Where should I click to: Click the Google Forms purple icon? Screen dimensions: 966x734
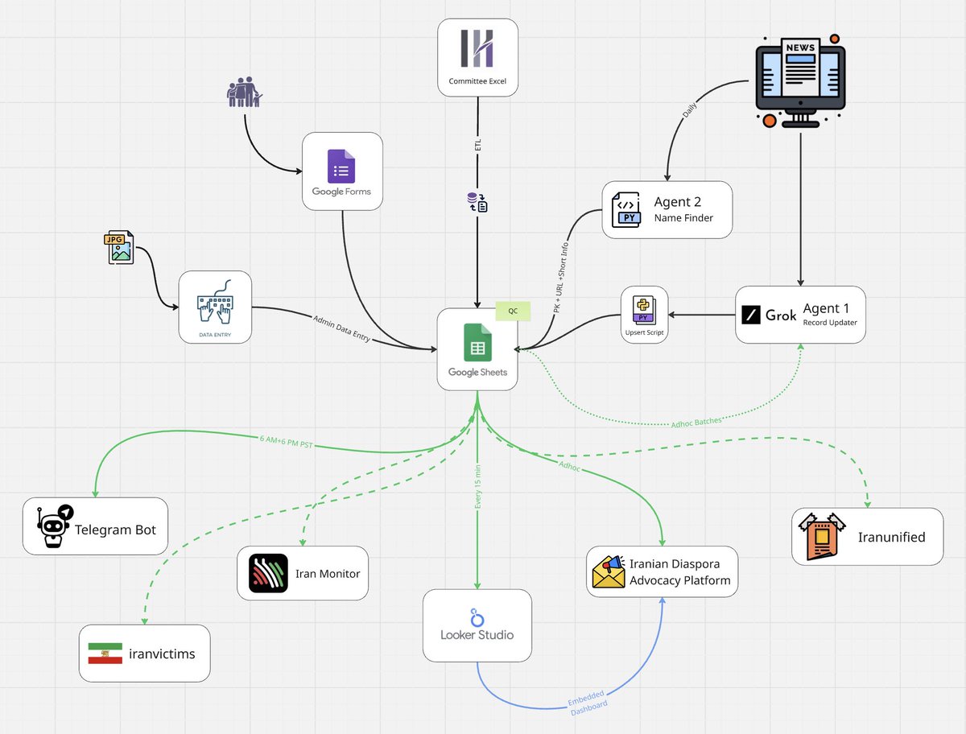point(341,167)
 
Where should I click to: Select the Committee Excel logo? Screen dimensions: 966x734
point(477,48)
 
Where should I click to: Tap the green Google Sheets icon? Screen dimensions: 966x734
point(477,343)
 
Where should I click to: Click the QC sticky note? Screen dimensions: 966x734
point(513,311)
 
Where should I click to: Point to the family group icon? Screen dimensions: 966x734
point(245,92)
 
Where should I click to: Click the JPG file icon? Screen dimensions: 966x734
point(119,247)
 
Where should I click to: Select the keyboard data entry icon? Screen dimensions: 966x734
point(215,302)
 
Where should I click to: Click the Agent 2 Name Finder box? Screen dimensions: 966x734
point(667,210)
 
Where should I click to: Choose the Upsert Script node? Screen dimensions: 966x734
point(644,315)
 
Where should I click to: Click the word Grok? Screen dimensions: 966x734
point(781,315)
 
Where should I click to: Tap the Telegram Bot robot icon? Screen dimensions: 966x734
point(55,526)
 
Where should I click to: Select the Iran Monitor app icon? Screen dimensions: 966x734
point(268,573)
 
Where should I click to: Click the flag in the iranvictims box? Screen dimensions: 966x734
point(105,654)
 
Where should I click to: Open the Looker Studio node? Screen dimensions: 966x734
point(477,625)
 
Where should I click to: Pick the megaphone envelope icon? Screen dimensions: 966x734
point(609,571)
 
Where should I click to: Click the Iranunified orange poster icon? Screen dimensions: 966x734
point(822,537)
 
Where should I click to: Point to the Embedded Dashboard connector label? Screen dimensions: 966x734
point(588,703)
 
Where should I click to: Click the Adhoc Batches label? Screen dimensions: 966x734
point(696,423)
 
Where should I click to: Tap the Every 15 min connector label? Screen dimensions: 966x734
point(478,487)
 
